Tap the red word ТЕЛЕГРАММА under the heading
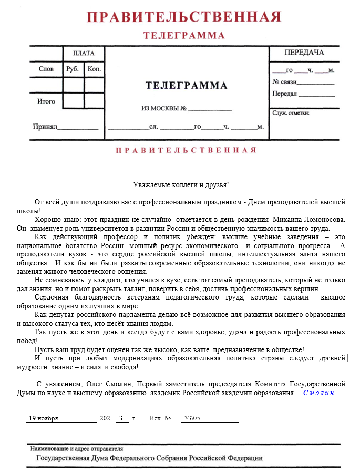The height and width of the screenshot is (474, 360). [x=183, y=36]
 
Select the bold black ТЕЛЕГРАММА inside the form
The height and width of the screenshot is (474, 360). [x=186, y=86]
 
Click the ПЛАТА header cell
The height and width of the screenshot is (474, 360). [x=84, y=53]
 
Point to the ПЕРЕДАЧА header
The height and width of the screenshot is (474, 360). [x=304, y=53]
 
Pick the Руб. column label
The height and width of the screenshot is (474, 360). [x=73, y=69]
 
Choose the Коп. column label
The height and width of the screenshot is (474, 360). [x=94, y=69]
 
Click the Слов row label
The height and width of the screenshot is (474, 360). [x=46, y=69]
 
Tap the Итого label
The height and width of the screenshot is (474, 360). [x=46, y=101]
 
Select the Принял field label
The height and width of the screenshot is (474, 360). [x=45, y=127]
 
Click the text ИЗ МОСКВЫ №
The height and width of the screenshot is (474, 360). [x=164, y=109]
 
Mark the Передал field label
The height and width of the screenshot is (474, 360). [x=284, y=94]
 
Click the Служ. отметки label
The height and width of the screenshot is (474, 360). [x=291, y=112]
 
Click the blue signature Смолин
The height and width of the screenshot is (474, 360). [x=318, y=393]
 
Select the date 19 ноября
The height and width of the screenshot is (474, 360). [x=43, y=418]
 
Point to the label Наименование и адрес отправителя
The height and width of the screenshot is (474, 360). [x=77, y=449]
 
